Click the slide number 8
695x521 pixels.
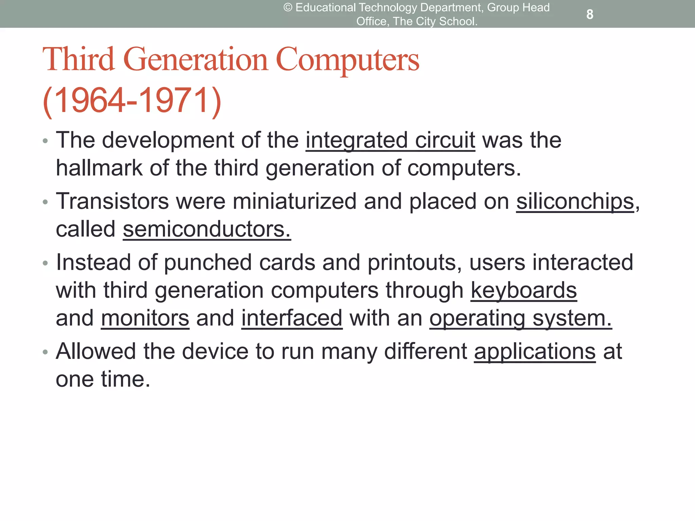pos(590,14)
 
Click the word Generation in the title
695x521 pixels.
pos(196,60)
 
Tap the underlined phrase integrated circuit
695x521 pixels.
pos(390,140)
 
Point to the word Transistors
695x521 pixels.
pos(112,201)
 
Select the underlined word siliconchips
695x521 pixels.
pos(575,201)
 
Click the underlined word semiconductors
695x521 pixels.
pos(207,229)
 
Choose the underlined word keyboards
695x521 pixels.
pos(524,290)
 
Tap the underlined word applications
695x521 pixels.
pos(535,351)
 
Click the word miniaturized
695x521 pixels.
pos(295,201)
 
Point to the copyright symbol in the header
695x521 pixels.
pos(288,7)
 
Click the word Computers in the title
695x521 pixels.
pos(348,60)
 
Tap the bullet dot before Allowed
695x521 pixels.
pos(45,352)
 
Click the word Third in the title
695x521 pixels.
pos(79,60)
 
